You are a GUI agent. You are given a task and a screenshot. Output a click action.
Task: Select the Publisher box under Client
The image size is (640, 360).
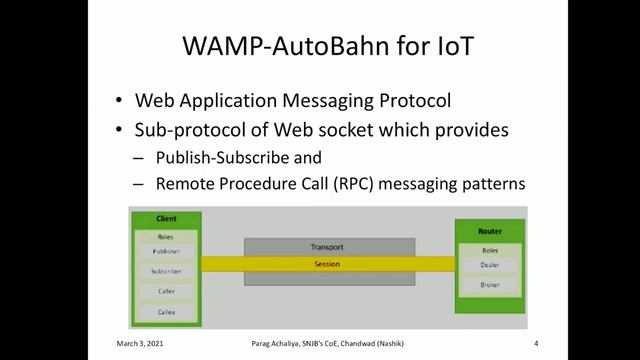[166, 252]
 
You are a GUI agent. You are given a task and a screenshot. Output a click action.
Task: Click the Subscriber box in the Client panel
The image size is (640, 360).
[166, 272]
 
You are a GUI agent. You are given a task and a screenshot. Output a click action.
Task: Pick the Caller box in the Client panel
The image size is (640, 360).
[166, 292]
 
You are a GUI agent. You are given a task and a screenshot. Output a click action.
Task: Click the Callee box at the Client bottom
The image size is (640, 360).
[166, 312]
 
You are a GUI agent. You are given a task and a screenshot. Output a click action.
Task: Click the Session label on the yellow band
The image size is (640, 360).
[327, 264]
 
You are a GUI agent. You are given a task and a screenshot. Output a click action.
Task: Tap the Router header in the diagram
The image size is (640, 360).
[490, 231]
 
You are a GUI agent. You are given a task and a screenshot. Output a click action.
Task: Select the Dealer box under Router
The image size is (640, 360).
[490, 266]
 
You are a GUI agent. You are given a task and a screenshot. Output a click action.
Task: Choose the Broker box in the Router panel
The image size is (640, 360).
[490, 286]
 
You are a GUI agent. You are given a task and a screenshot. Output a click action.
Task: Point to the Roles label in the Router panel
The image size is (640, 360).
[490, 250]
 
